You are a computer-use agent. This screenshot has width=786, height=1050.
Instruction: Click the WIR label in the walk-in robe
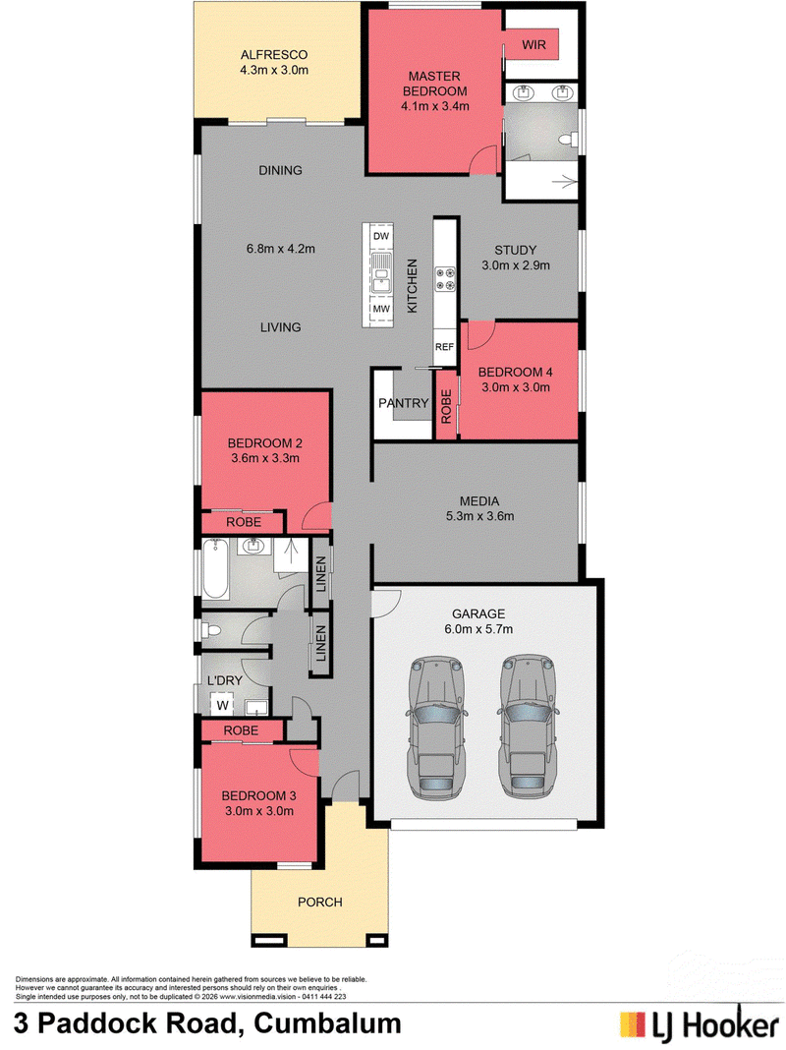(x=533, y=45)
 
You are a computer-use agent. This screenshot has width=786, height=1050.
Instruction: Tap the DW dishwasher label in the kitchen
(x=380, y=236)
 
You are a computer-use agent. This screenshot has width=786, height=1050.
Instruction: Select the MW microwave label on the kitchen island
(x=381, y=309)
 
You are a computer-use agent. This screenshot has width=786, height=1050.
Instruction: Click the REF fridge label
(x=445, y=347)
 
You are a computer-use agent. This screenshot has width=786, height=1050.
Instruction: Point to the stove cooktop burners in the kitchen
(x=445, y=279)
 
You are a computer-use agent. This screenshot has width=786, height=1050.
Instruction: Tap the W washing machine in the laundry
(x=223, y=705)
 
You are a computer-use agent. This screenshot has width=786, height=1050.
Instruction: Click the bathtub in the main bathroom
(x=216, y=569)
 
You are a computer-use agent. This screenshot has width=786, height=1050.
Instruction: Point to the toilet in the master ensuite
(x=569, y=140)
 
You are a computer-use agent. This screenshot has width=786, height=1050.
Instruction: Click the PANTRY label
(x=404, y=403)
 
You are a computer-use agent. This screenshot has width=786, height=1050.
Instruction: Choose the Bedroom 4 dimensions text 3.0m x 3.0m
(x=516, y=387)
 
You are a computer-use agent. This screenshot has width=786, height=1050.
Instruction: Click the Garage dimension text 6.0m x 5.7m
(x=478, y=629)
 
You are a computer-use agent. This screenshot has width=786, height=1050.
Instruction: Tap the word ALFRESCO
(x=274, y=55)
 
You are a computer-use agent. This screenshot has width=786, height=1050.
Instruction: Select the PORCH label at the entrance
(x=319, y=902)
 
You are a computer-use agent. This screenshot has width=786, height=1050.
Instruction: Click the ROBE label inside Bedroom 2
(x=244, y=522)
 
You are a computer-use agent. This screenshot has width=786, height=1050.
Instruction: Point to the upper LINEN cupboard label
(x=321, y=574)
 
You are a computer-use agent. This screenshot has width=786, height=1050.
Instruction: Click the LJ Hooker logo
(x=699, y=1024)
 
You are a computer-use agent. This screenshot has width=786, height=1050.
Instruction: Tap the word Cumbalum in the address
(x=328, y=1023)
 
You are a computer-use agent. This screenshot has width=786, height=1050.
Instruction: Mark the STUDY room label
(x=516, y=250)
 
